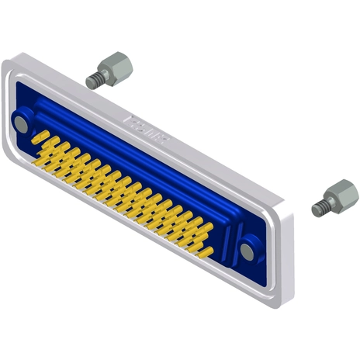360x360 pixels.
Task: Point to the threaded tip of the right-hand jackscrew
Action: click(x=317, y=209)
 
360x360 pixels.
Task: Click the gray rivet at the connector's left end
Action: click(x=22, y=123)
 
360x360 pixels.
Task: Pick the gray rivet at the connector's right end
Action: click(x=247, y=251)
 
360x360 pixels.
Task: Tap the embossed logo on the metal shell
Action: click(x=147, y=126)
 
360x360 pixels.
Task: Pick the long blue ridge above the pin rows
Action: click(x=132, y=155)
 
